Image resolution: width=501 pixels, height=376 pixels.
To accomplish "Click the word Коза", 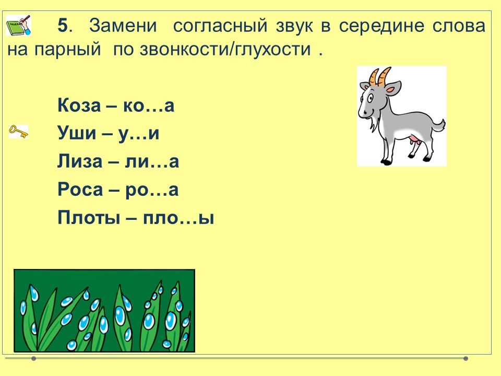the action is (79, 105).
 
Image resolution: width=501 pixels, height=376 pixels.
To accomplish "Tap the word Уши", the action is (77, 133).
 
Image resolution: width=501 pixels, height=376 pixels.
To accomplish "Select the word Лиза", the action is (80, 161).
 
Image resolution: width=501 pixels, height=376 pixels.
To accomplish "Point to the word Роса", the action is (80, 189).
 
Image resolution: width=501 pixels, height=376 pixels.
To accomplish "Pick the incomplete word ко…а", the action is (149, 105).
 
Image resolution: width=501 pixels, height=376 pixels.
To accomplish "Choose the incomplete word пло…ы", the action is (178, 218).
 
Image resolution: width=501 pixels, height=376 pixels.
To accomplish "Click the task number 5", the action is (63, 25).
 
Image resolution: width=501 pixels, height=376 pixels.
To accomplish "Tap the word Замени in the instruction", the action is (123, 25).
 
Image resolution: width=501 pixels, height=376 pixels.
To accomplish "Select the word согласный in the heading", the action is (220, 26).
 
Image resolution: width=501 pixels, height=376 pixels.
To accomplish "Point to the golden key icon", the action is (19, 132).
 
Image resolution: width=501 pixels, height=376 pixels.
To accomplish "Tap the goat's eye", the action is (371, 98).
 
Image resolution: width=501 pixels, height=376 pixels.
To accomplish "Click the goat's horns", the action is (380, 76).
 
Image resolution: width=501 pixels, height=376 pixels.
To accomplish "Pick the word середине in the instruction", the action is (381, 26).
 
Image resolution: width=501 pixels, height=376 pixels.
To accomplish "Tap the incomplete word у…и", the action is (139, 134).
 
